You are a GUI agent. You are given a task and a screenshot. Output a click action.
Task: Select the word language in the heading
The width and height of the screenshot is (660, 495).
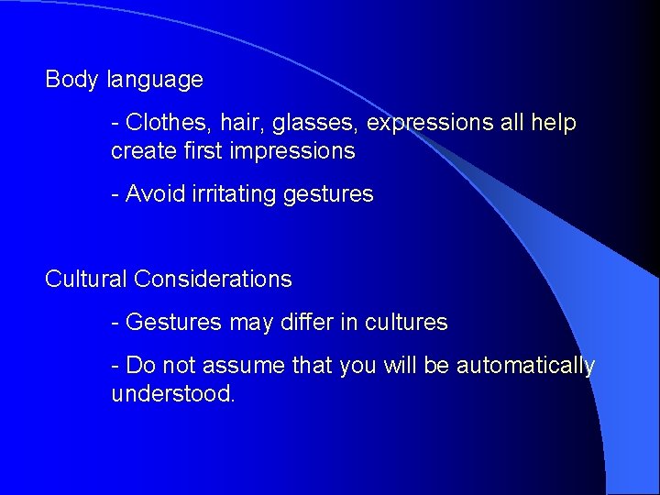pos(155,81)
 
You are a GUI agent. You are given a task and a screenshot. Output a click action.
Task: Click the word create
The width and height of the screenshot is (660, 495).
pos(140,151)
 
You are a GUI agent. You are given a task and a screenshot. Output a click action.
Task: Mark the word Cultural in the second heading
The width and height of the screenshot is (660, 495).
pos(86,280)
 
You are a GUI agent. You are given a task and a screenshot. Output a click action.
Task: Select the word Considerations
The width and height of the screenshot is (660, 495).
pos(213,280)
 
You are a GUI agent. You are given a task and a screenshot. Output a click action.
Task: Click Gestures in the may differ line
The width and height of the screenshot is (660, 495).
pos(173,323)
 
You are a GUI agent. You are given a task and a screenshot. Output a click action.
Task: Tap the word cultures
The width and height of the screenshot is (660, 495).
pos(406,323)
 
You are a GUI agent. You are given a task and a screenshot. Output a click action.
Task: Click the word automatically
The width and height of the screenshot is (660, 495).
pos(525,366)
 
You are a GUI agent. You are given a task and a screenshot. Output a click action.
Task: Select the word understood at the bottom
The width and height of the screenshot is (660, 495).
pos(172,395)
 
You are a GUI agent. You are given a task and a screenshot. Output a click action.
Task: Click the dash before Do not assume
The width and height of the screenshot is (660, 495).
pos(115,366)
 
